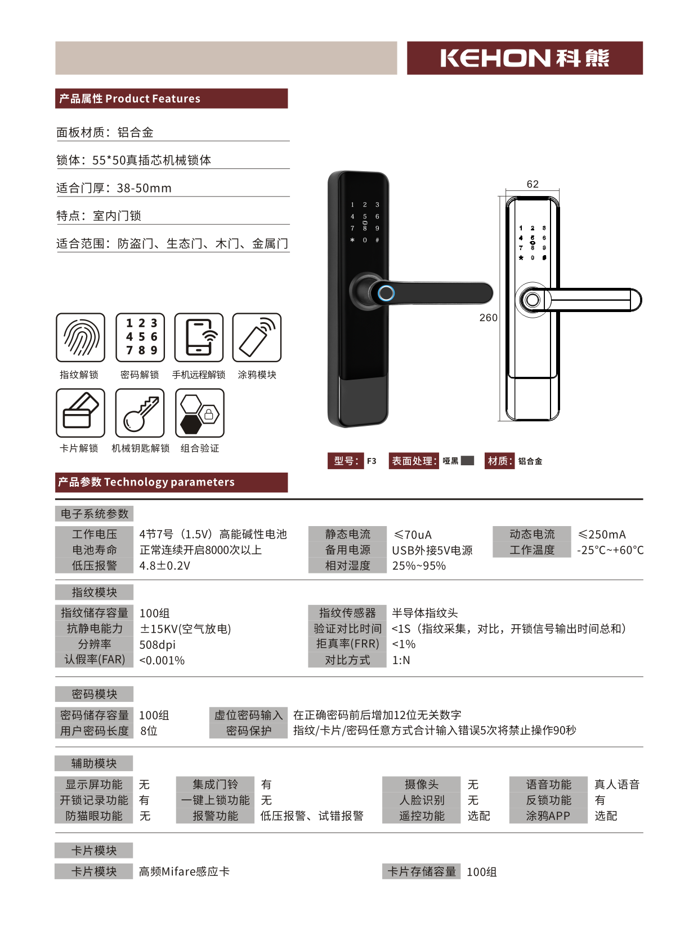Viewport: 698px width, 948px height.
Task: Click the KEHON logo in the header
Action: [x=525, y=58]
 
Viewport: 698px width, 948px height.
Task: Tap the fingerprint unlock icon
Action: [x=80, y=337]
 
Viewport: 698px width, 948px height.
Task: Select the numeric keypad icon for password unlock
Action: [x=140, y=337]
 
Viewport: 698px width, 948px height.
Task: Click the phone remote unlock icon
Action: [x=199, y=337]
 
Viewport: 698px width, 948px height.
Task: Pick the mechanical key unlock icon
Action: [x=140, y=413]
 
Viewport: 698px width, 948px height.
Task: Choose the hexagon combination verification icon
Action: [x=200, y=413]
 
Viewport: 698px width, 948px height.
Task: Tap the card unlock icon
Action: [x=80, y=413]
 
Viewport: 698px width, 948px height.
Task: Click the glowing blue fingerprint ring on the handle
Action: [x=386, y=293]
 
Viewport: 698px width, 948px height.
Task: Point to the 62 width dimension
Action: [x=533, y=184]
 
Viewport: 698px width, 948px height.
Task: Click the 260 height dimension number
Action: [x=488, y=318]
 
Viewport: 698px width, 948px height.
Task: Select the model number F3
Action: [x=372, y=461]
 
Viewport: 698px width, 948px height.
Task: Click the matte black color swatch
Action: [x=467, y=461]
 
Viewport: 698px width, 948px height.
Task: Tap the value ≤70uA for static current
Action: [x=413, y=535]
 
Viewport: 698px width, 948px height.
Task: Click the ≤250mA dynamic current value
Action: [x=602, y=535]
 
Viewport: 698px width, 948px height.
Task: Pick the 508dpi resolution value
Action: [x=158, y=644]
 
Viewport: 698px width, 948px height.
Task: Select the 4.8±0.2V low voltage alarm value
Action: [x=165, y=566]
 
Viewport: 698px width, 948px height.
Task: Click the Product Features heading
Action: [x=130, y=99]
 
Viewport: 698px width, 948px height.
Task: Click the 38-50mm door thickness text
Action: [x=144, y=188]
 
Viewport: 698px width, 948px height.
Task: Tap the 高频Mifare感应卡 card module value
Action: [x=184, y=872]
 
